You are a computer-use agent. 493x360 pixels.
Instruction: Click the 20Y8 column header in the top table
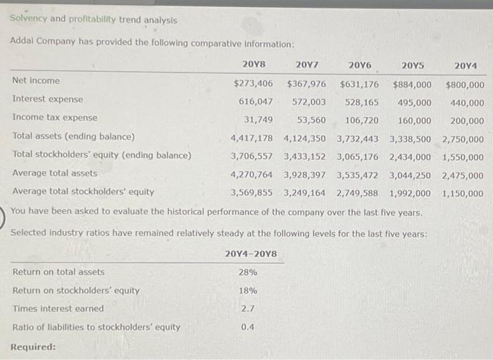(x=253, y=65)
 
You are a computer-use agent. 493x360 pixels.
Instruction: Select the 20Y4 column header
(x=466, y=66)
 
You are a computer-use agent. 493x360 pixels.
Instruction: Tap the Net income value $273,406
(x=253, y=84)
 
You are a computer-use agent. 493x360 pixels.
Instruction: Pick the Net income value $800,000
(x=465, y=85)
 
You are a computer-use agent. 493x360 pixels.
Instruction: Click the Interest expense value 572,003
(x=308, y=102)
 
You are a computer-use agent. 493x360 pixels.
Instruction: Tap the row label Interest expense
(x=47, y=99)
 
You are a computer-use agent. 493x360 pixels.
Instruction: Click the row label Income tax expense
(x=55, y=118)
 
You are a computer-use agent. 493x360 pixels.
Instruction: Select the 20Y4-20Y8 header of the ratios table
(x=251, y=254)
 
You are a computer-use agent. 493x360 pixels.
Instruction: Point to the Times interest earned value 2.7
(x=248, y=309)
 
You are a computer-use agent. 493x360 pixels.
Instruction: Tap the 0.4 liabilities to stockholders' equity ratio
(x=248, y=327)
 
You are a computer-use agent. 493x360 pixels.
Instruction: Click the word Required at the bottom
(x=33, y=347)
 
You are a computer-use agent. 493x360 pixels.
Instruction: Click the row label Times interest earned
(x=58, y=309)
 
